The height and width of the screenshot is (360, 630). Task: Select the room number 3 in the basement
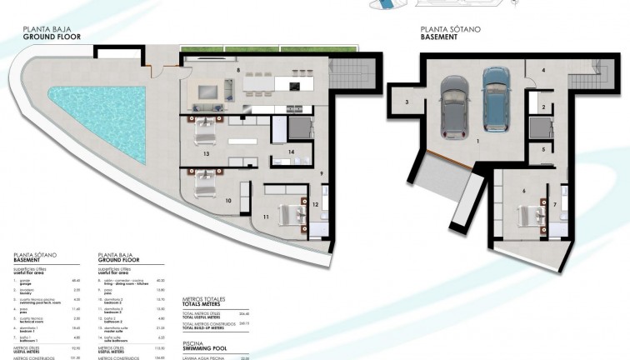pos(407,102)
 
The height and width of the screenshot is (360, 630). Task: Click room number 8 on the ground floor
pos(238,72)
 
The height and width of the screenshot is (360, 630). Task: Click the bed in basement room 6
pos(532,213)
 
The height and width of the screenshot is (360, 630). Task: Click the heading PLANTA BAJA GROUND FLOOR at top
pos(52,33)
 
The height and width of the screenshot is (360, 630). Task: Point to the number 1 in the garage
pos(476,142)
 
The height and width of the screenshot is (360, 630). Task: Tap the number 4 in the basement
pos(542,71)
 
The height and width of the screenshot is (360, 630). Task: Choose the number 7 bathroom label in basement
pos(556,203)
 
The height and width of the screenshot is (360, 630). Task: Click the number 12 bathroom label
pos(315,204)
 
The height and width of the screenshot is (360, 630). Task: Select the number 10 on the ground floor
pos(228,201)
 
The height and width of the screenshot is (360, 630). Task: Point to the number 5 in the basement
pos(542,149)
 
